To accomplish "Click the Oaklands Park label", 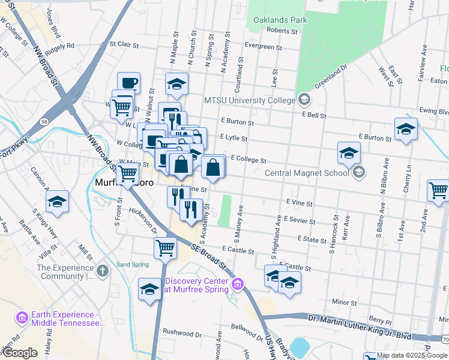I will (x=280, y=20).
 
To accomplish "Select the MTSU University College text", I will (x=250, y=100).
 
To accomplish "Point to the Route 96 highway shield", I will (x=45, y=121).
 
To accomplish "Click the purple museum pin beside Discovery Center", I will (x=238, y=283).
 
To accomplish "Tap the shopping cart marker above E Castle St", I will (x=165, y=247).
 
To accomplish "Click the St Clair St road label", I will (x=124, y=44).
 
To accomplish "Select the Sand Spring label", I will (x=131, y=264).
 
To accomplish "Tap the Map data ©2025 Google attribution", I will (x=411, y=355).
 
